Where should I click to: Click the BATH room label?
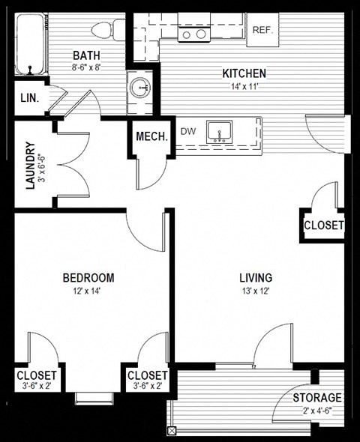[85, 55]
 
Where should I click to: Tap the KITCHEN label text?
[244, 73]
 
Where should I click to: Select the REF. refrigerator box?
[262, 30]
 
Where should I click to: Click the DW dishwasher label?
[188, 131]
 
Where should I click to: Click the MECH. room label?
[151, 136]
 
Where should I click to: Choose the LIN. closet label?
[29, 98]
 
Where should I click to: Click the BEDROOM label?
[88, 277]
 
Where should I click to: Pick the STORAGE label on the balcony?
[316, 397]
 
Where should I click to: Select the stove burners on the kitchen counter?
[193, 34]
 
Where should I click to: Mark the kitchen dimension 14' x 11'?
[244, 86]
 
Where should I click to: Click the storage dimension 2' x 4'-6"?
[316, 410]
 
